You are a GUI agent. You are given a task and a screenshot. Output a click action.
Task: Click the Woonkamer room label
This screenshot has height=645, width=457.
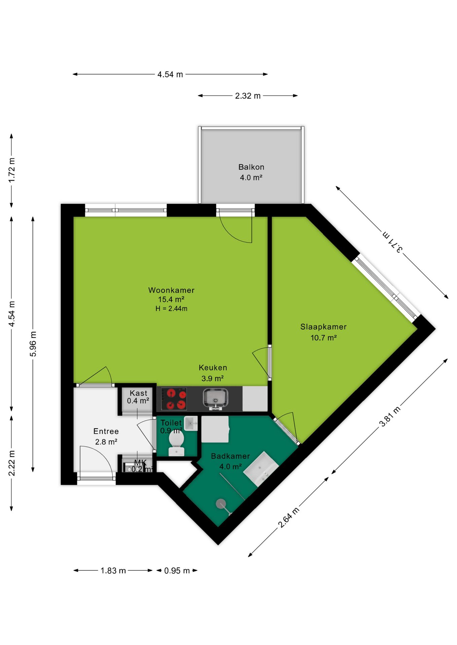[x=171, y=290]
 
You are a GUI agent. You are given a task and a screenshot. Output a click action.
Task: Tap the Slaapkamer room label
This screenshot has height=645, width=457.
[x=323, y=327]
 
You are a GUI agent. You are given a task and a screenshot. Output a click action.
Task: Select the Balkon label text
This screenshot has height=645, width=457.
[x=251, y=167]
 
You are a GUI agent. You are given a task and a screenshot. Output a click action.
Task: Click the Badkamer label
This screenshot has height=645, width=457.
[x=231, y=456]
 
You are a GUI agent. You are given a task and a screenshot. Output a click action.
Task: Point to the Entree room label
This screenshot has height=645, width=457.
[x=106, y=431]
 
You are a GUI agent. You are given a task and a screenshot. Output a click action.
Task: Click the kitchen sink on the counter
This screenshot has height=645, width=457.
[x=215, y=399]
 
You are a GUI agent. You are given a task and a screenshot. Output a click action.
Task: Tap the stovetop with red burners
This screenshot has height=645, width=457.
[x=174, y=399]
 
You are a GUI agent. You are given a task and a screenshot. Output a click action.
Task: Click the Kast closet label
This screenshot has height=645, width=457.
[x=138, y=393]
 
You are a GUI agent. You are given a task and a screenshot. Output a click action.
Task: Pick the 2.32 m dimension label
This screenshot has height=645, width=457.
[x=248, y=96]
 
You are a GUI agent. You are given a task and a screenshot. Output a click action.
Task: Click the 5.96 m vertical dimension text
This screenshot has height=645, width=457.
[x=33, y=344]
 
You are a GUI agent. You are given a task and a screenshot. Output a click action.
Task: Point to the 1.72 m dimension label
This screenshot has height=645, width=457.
[x=12, y=170]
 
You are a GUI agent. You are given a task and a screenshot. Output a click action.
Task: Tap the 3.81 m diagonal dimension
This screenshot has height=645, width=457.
[x=390, y=416]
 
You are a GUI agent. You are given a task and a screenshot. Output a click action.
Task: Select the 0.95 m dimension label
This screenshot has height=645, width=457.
[x=177, y=571]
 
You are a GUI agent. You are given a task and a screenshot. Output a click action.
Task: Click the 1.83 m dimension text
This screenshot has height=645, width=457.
[x=113, y=571]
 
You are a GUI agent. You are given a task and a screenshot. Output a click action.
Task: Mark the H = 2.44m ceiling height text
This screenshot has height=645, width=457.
[x=171, y=308]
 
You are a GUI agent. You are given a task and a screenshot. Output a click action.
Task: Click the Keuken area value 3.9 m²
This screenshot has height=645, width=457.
[x=213, y=378]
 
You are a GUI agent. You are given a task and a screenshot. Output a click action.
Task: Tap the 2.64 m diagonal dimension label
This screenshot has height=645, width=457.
[x=288, y=518]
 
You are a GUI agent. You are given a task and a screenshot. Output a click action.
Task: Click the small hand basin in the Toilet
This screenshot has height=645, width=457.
[x=191, y=423]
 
